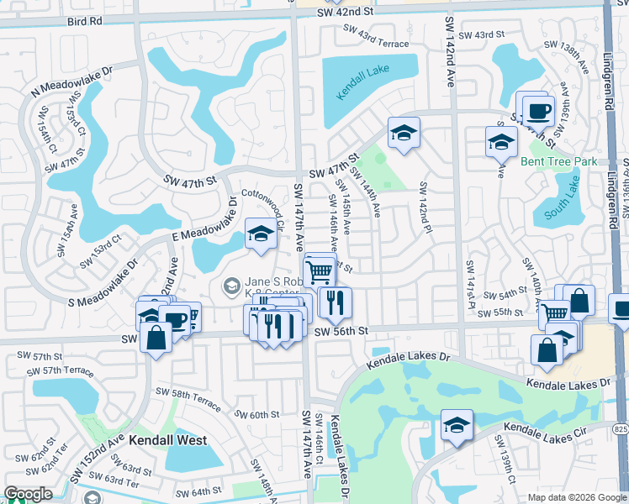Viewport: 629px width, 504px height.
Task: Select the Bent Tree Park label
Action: coord(558,161)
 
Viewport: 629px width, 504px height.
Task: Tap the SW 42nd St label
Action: coord(345,11)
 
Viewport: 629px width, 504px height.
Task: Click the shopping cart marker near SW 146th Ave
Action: coord(319,270)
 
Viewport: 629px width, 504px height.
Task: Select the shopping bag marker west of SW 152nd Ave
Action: coord(156,337)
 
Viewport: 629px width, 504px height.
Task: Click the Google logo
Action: coord(28,494)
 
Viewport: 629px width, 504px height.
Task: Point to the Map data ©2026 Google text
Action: coord(576,497)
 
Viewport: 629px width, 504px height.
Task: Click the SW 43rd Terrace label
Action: coord(375,37)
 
